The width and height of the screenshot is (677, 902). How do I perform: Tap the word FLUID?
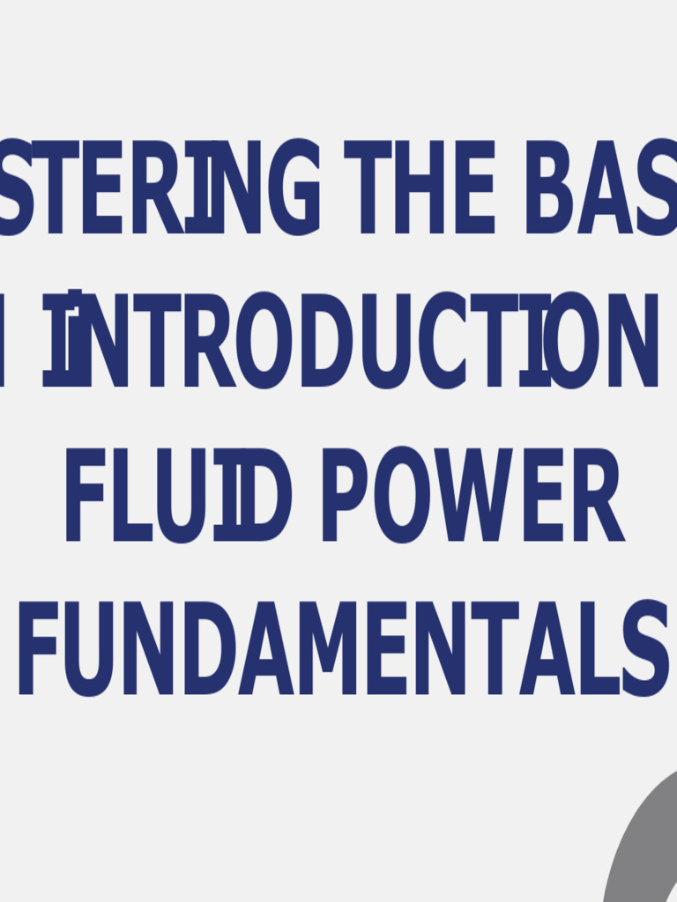click(x=178, y=495)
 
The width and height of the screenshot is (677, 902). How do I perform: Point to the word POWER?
click(x=472, y=495)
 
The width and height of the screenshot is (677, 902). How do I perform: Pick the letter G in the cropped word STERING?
click(x=294, y=187)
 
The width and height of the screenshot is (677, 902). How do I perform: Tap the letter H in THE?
click(x=418, y=187)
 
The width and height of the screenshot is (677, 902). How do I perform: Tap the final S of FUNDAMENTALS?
click(x=645, y=648)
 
